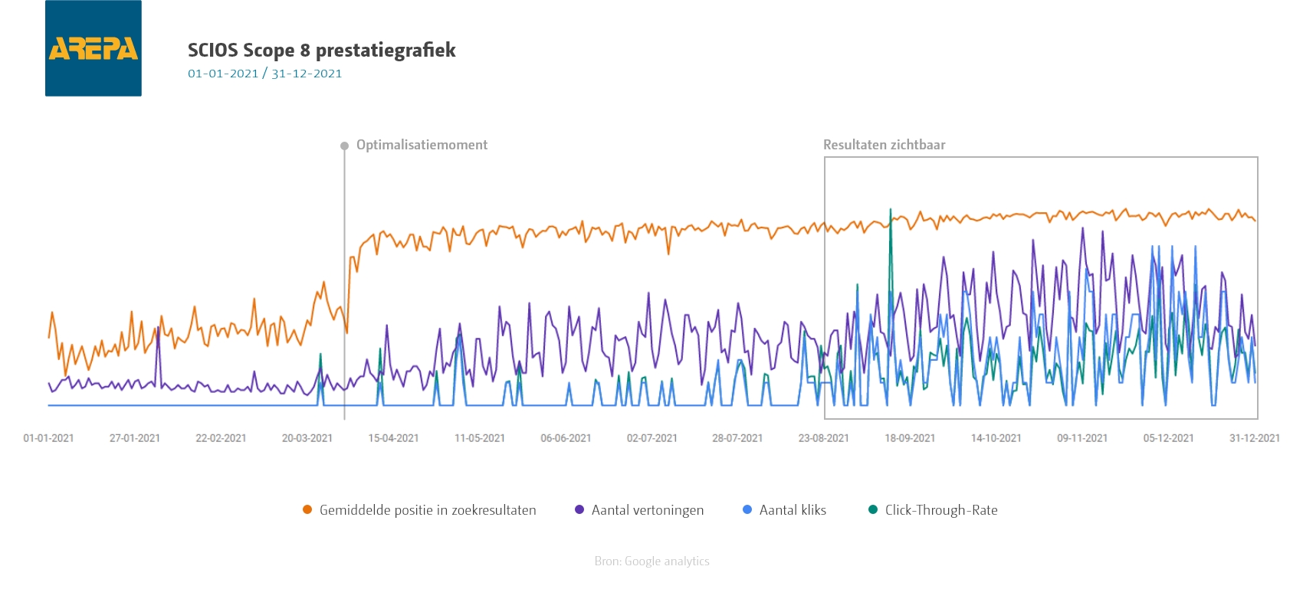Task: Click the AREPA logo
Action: pyautogui.click(x=94, y=48)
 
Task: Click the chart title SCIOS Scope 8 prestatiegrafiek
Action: pyautogui.click(x=321, y=51)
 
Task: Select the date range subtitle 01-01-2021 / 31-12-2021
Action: pyautogui.click(x=264, y=74)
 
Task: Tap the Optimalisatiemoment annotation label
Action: pyautogui.click(x=422, y=145)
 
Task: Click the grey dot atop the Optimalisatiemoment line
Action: pyautogui.click(x=344, y=146)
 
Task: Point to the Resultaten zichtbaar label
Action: pyautogui.click(x=884, y=145)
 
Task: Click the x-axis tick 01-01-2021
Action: pyautogui.click(x=49, y=438)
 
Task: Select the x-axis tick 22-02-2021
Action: pyautogui.click(x=221, y=438)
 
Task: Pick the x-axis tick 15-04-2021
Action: pyautogui.click(x=393, y=438)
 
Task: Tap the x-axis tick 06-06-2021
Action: pyautogui.click(x=566, y=438)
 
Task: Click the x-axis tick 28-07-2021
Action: pyautogui.click(x=737, y=438)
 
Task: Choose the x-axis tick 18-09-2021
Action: pyautogui.click(x=910, y=438)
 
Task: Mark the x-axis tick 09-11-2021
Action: pyautogui.click(x=1082, y=438)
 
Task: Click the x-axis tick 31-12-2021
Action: pyautogui.click(x=1255, y=438)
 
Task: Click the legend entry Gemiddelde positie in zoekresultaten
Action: pyautogui.click(x=427, y=510)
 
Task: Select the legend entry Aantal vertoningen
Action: pyautogui.click(x=647, y=510)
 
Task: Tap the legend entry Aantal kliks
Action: pyautogui.click(x=792, y=510)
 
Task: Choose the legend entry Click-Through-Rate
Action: pyautogui.click(x=940, y=510)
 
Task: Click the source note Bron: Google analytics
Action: pyautogui.click(x=651, y=561)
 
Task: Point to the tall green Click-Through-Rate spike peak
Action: pyautogui.click(x=890, y=210)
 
